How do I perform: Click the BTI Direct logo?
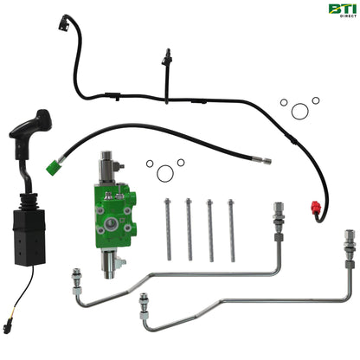click(x=343, y=10)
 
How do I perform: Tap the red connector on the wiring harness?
click(x=316, y=208)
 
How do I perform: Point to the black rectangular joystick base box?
click(x=29, y=237)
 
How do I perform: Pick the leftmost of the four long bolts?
click(x=168, y=229)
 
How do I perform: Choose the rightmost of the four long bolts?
click(x=232, y=230)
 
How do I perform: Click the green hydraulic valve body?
click(x=115, y=215)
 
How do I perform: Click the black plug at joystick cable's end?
click(x=6, y=329)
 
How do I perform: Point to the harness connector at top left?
click(x=64, y=23)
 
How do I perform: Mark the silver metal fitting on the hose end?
click(x=263, y=160)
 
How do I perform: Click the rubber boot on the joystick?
click(x=29, y=202)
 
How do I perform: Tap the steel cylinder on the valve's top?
click(x=107, y=167)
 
